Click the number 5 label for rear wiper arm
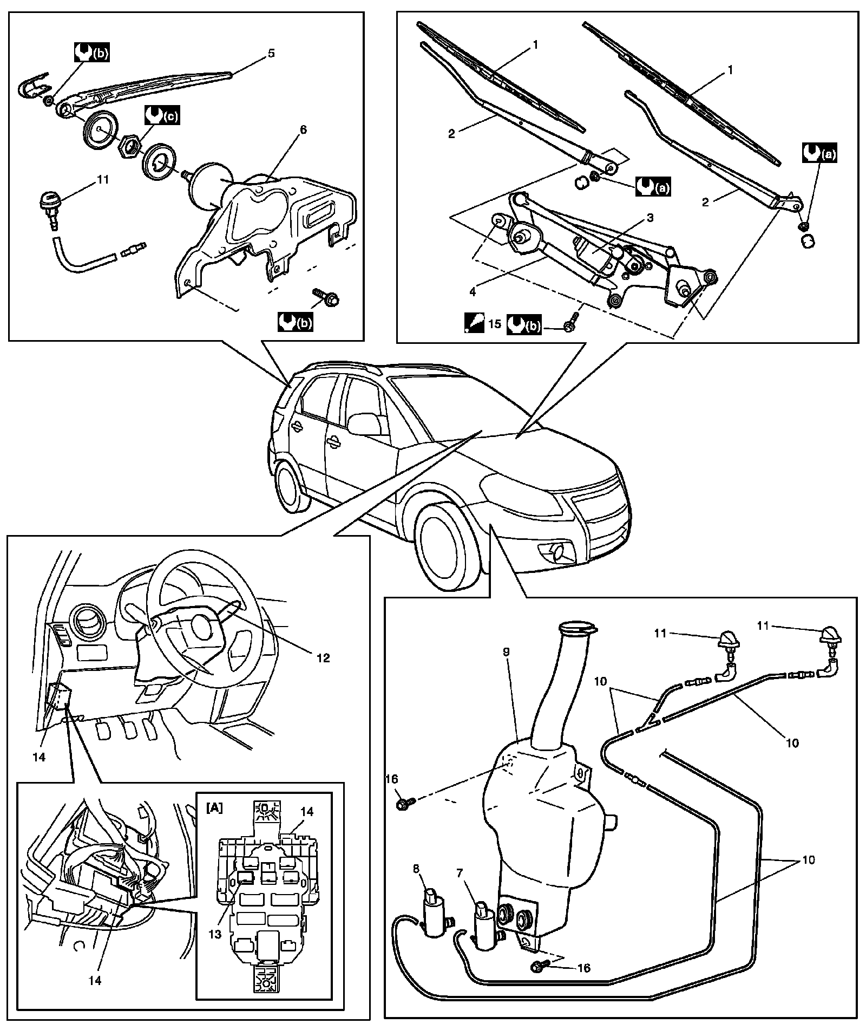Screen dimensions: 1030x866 (271, 53)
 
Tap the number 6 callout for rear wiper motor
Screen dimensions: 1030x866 (303, 130)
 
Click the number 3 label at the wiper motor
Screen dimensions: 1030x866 (650, 218)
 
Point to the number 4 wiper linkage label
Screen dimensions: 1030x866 (473, 292)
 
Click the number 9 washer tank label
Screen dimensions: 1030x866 (507, 653)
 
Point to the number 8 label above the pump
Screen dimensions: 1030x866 (416, 869)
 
